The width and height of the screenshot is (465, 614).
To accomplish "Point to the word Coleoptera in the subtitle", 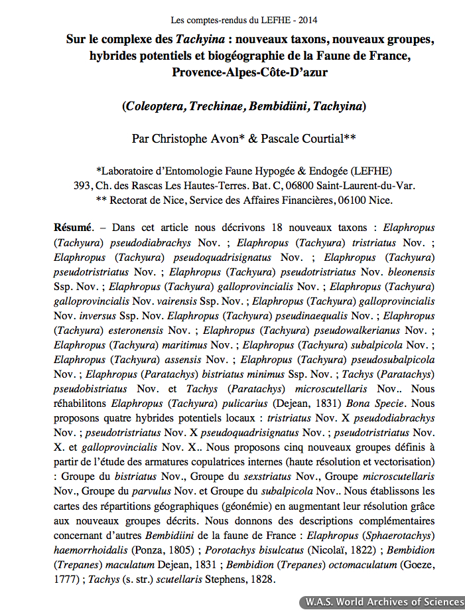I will coord(155,106).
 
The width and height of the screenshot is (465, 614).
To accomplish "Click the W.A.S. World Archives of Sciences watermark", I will coord(383,602).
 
